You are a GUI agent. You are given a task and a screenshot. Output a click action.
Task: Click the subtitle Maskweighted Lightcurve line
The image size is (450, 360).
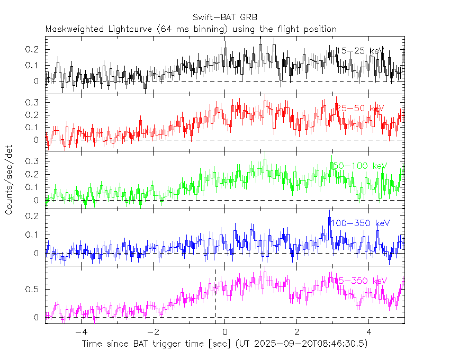[x=191, y=29]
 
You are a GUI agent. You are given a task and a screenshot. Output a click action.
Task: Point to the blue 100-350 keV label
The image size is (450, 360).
[x=360, y=223]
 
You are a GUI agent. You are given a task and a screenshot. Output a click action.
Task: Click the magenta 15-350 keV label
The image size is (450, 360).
[x=361, y=281]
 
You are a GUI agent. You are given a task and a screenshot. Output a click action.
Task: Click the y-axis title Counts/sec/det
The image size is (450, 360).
[x=9, y=180]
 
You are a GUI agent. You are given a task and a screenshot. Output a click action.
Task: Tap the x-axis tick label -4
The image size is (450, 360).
[x=80, y=332]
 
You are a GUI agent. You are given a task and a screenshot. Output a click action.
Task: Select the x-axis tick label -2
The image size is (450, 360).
[x=152, y=332]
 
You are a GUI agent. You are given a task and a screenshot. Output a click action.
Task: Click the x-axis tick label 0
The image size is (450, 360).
[x=225, y=332]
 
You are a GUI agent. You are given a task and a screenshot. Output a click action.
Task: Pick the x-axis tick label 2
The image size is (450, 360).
[x=297, y=332]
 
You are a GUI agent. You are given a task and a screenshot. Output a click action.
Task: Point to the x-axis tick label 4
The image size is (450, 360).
[x=369, y=332]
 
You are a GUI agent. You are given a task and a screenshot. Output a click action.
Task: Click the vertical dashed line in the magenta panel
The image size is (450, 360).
[x=215, y=296]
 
